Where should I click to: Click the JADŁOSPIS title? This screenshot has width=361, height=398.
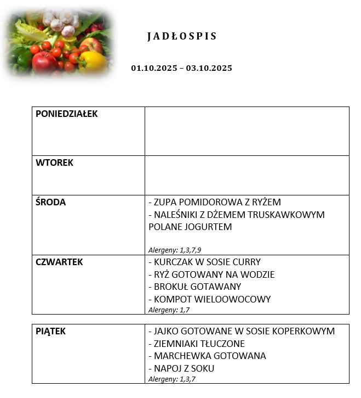point(182,37)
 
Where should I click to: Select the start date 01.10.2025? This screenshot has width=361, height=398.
point(154,68)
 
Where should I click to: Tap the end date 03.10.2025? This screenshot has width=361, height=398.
point(209,68)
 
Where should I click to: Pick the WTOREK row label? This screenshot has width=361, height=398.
point(54,162)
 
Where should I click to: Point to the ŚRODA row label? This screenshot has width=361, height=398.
point(50,202)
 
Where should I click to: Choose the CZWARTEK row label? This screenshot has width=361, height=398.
point(59,262)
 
